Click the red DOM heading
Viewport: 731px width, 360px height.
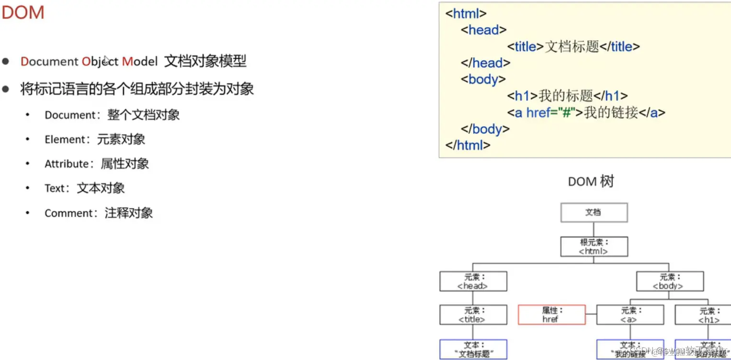coord(23,13)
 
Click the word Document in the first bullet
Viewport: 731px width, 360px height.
coord(49,61)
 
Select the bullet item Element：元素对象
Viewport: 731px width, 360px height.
coord(94,139)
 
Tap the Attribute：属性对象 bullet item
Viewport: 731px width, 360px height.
coord(96,164)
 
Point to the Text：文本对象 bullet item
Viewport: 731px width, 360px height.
coord(84,188)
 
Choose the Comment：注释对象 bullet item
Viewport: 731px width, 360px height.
coord(98,213)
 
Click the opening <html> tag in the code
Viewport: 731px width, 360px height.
coord(466,13)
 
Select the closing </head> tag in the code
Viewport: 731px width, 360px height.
coord(485,63)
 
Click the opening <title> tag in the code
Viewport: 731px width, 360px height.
coord(525,46)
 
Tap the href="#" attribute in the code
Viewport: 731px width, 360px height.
coord(550,112)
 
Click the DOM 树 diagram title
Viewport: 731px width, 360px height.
coord(591,182)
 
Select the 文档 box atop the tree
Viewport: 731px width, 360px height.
coord(594,212)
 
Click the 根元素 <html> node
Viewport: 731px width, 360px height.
coord(594,247)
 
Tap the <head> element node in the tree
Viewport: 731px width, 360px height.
coord(473,281)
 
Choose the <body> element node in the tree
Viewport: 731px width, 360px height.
coord(669,281)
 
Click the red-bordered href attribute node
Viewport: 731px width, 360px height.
coord(551,315)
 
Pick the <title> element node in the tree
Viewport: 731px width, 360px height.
coord(473,315)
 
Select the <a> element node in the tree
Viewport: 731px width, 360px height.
coord(630,315)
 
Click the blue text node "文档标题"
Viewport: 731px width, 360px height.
coord(473,349)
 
